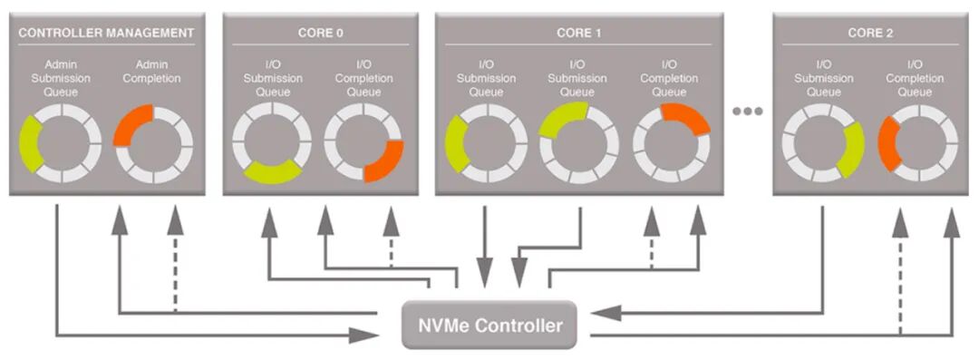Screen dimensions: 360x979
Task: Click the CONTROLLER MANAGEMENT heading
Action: click(x=106, y=34)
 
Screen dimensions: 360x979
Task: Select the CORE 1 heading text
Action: click(x=579, y=34)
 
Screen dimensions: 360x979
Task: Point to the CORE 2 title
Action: click(x=870, y=34)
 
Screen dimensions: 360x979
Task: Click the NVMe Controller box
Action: click(x=489, y=325)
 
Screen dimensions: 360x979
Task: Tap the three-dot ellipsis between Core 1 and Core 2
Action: click(x=748, y=112)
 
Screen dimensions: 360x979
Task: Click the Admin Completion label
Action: click(x=152, y=72)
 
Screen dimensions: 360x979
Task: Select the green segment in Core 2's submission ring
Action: click(x=850, y=150)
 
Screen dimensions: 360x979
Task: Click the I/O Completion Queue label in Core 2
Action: click(x=916, y=78)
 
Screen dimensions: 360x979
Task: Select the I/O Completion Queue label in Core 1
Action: click(x=670, y=78)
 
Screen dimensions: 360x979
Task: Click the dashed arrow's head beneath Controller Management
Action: click(x=174, y=219)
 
